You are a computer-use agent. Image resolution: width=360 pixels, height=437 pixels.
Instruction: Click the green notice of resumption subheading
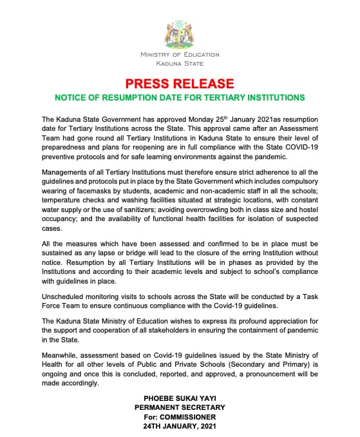point(180,98)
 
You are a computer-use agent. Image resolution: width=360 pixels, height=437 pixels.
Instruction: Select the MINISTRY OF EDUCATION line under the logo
point(180,55)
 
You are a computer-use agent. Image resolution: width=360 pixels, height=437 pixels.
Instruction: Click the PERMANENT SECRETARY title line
point(180,408)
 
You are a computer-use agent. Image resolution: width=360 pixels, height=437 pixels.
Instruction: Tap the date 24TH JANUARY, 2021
point(180,426)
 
